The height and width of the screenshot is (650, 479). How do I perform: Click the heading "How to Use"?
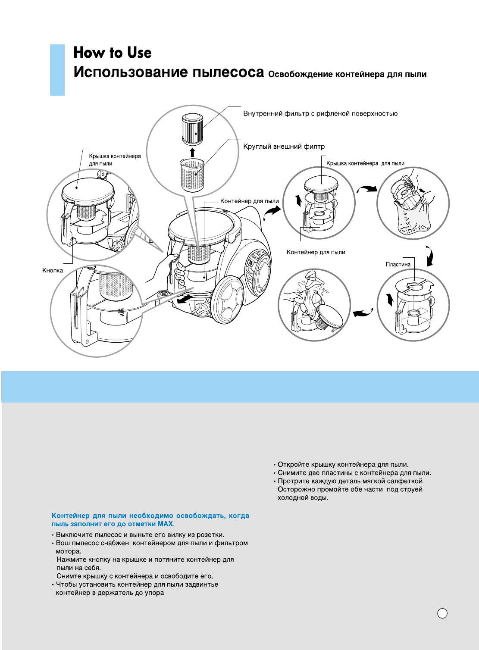[113, 53]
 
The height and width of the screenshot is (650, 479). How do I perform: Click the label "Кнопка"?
[53, 271]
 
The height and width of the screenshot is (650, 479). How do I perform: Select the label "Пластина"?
[398, 264]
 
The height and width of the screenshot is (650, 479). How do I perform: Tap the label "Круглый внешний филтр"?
[284, 147]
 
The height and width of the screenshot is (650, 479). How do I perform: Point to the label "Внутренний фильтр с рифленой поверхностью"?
[320, 114]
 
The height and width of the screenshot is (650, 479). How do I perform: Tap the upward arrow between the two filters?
[192, 152]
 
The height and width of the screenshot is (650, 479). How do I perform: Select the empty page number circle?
[442, 613]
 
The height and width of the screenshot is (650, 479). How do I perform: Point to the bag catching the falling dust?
[412, 220]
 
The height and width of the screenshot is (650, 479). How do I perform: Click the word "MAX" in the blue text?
[165, 524]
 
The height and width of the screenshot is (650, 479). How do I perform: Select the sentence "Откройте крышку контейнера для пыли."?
[343, 465]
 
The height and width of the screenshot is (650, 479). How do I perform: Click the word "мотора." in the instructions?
[68, 551]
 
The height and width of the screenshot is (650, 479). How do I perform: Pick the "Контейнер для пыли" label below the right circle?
[316, 252]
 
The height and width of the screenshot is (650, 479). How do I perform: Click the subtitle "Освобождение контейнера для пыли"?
[347, 75]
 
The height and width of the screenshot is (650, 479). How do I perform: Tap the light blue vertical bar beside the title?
[57, 70]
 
